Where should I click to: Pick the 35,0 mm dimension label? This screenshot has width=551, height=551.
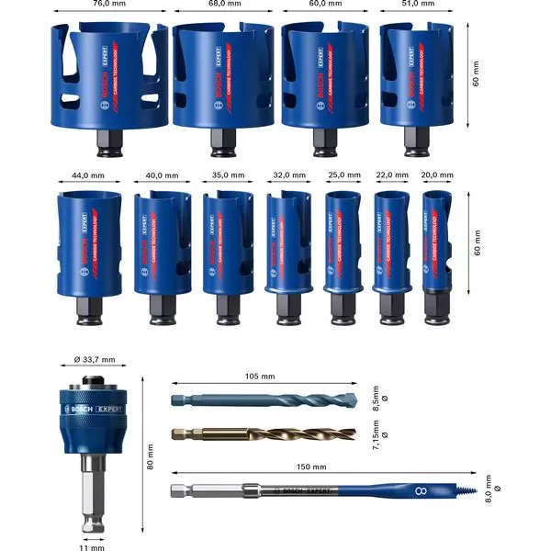225,173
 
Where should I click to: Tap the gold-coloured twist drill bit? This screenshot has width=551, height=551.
266,433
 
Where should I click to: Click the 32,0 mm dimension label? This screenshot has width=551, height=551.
283,173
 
